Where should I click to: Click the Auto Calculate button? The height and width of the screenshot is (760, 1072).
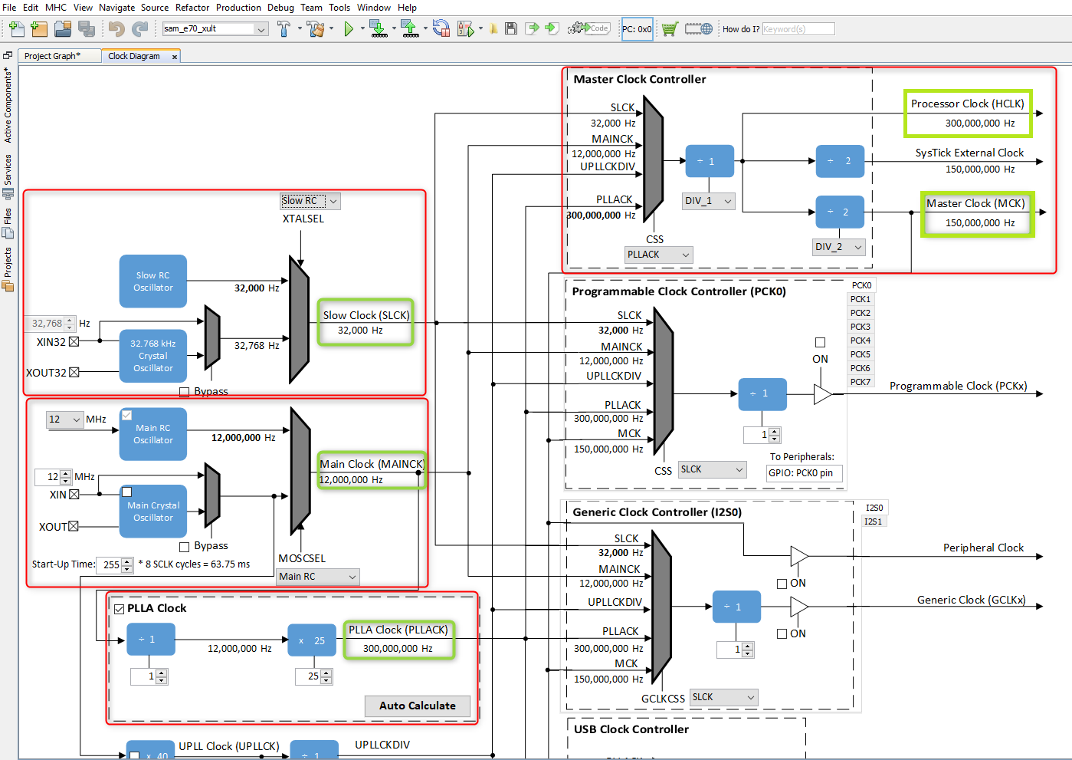tap(417, 706)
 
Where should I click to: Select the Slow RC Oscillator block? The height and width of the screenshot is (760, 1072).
tap(153, 281)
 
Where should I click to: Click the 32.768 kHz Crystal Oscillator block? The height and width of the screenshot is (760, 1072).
tap(153, 356)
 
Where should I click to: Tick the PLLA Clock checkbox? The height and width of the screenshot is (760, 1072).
tap(120, 609)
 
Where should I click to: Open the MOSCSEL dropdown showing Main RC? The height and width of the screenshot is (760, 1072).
tap(317, 577)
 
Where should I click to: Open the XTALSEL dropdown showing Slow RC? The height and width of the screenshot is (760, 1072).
tap(310, 201)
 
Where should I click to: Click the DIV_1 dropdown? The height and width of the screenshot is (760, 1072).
tap(709, 201)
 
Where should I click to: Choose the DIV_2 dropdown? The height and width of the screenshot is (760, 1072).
tap(839, 247)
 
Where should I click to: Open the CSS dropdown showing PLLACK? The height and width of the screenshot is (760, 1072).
tap(659, 255)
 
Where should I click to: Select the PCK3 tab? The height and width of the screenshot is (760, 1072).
tap(861, 327)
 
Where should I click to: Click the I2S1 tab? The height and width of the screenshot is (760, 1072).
tap(874, 521)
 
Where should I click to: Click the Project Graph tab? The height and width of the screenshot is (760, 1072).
tap(52, 56)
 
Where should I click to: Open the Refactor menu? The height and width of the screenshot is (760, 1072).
tap(192, 8)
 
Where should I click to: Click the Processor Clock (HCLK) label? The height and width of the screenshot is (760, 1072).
tap(967, 104)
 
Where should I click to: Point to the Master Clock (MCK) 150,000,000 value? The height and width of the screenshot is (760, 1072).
tap(979, 223)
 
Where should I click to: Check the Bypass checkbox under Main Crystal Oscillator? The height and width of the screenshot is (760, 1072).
tap(184, 547)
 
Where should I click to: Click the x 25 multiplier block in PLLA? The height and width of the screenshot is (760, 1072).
tap(312, 640)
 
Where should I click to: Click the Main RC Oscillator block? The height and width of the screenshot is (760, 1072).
tap(153, 434)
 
